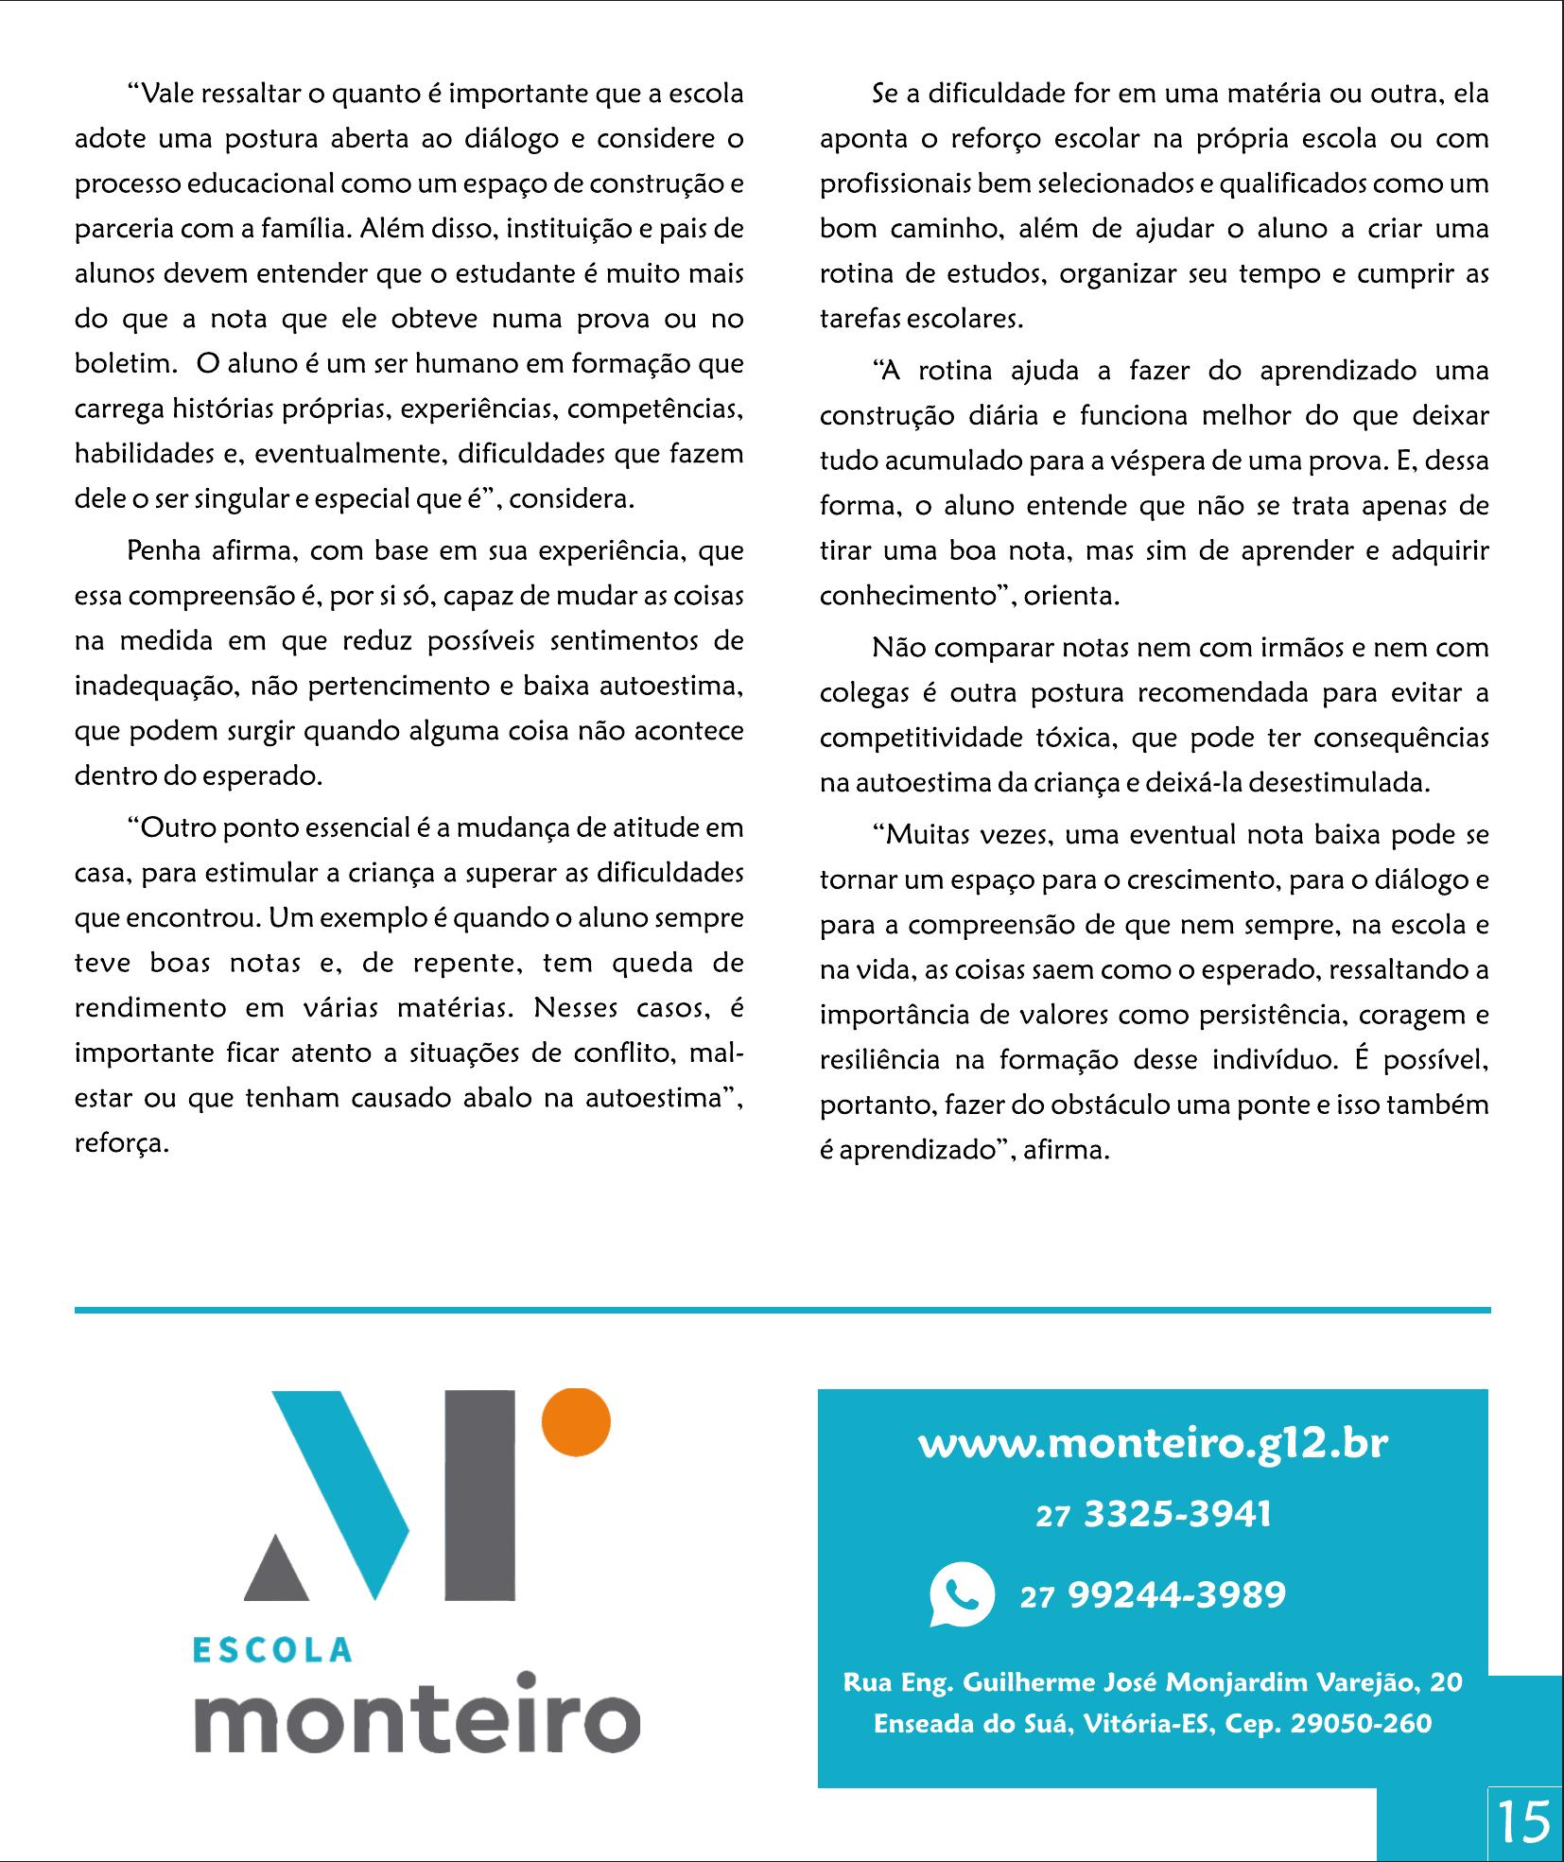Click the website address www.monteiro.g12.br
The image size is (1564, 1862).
(x=1153, y=1444)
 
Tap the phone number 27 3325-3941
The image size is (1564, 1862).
(x=1153, y=1515)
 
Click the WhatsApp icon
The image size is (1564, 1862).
(x=962, y=1595)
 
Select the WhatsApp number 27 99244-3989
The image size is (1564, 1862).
(x=1153, y=1595)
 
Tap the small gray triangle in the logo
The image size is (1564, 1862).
(x=276, y=1569)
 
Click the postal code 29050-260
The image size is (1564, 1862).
(x=1361, y=1724)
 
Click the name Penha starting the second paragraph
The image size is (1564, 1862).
(x=157, y=550)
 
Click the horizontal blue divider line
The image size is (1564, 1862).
(x=782, y=1310)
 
